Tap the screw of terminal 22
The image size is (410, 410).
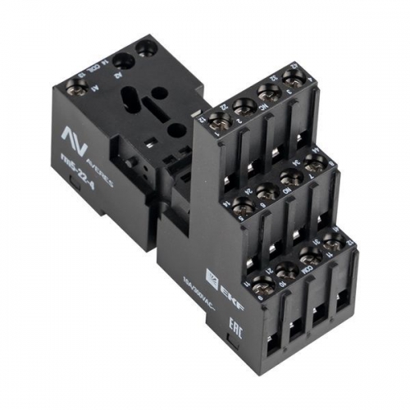click(x=242, y=106)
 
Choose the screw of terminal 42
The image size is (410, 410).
click(x=292, y=79)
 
